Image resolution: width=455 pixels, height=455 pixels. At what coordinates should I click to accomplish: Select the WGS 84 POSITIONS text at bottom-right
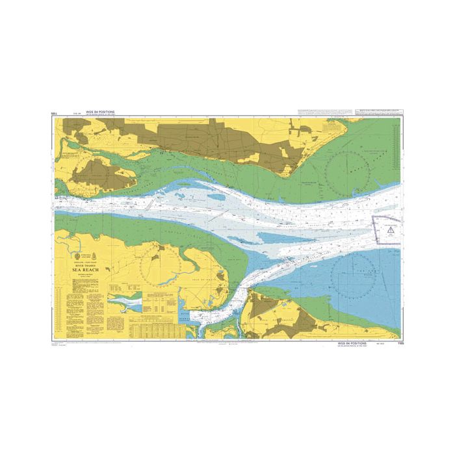[x=348, y=341]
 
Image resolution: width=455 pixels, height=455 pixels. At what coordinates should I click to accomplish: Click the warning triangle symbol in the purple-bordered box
[x=389, y=229]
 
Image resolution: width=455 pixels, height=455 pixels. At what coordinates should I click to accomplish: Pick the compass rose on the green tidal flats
[x=350, y=173]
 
